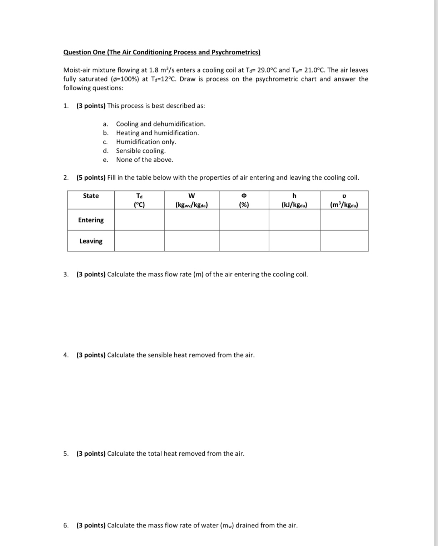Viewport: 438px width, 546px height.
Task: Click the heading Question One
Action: [x=161, y=52]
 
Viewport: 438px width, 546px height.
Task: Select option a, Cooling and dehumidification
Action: [x=160, y=124]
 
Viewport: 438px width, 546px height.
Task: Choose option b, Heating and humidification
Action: [x=157, y=133]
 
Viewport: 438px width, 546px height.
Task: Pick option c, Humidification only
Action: [x=146, y=142]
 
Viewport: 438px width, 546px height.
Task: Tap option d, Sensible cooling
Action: [x=141, y=151]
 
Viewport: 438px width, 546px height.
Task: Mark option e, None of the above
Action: [x=144, y=160]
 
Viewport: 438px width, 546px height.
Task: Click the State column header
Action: [x=91, y=196]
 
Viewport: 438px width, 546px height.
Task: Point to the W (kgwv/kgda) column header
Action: [x=191, y=200]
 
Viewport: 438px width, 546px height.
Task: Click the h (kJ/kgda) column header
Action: [x=294, y=200]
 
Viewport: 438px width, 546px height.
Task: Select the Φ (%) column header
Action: [x=244, y=200]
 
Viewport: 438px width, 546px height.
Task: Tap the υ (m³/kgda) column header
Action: [x=344, y=200]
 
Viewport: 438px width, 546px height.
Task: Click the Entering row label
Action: [x=91, y=220]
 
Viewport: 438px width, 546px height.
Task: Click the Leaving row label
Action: [x=91, y=241]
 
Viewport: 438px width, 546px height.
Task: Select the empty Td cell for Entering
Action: [x=139, y=220]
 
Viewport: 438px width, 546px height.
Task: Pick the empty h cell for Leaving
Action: [x=294, y=241]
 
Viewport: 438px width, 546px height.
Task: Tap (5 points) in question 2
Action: [x=91, y=177]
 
